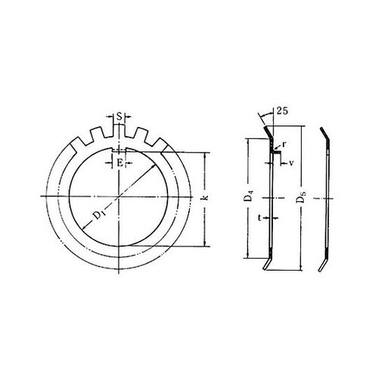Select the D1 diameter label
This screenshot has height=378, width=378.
coord(98,216)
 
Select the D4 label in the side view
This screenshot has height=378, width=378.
coord(249,199)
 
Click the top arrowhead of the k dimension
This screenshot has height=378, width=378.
coord(203,156)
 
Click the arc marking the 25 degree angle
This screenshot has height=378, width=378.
coord(265,119)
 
